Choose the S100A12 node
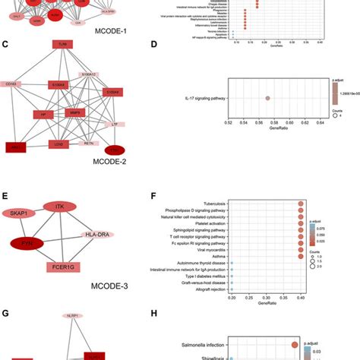point(89,75)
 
